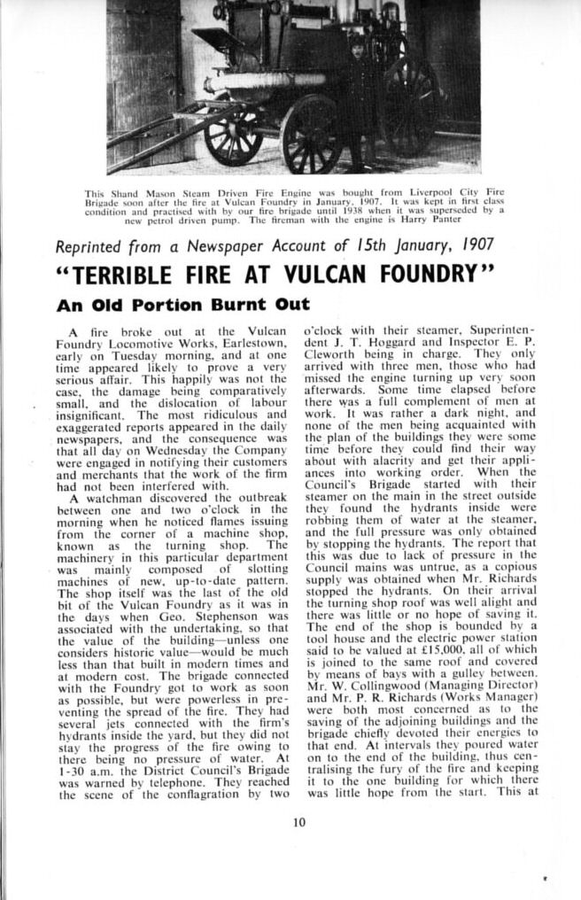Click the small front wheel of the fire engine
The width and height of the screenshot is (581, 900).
[x=233, y=135]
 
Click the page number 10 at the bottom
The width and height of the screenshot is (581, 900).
[x=299, y=821]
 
